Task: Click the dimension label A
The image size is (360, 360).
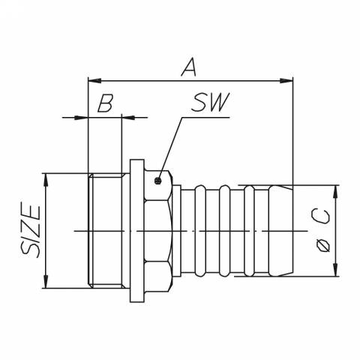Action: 189,67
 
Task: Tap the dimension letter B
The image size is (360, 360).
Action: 105,103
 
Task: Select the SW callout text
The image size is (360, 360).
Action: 209,103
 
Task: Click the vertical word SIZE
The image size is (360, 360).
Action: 31,230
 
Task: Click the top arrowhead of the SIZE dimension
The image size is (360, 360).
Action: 46,178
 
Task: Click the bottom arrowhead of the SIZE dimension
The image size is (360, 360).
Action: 46,283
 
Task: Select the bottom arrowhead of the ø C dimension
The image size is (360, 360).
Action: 334,271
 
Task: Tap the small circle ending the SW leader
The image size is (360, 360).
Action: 158,180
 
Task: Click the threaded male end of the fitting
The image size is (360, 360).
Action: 105,230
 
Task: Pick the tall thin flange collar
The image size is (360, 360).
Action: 136,230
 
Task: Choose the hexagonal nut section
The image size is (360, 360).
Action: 157,230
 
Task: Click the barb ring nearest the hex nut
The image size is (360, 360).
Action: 199,230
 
